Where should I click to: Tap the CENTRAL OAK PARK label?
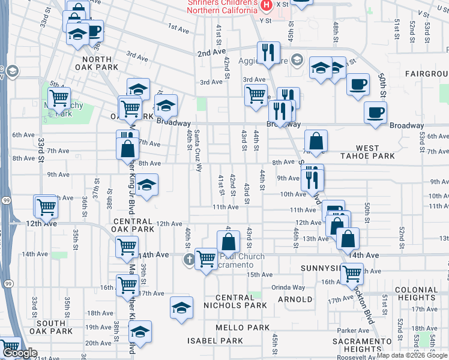pyautogui.click(x=134, y=225)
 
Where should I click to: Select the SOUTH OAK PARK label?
pyautogui.click(x=54, y=327)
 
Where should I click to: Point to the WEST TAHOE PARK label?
pyautogui.click(x=376, y=152)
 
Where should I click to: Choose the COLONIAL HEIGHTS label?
pyautogui.click(x=417, y=294)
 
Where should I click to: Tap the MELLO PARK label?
pyautogui.click(x=243, y=328)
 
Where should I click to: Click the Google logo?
pyautogui.click(x=20, y=353)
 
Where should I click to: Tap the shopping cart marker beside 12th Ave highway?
pyautogui.click(x=46, y=207)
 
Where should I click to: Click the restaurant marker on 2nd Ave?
pyautogui.click(x=268, y=52)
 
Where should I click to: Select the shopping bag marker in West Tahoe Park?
pyautogui.click(x=316, y=142)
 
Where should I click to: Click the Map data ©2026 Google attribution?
pyautogui.click(x=412, y=355)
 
